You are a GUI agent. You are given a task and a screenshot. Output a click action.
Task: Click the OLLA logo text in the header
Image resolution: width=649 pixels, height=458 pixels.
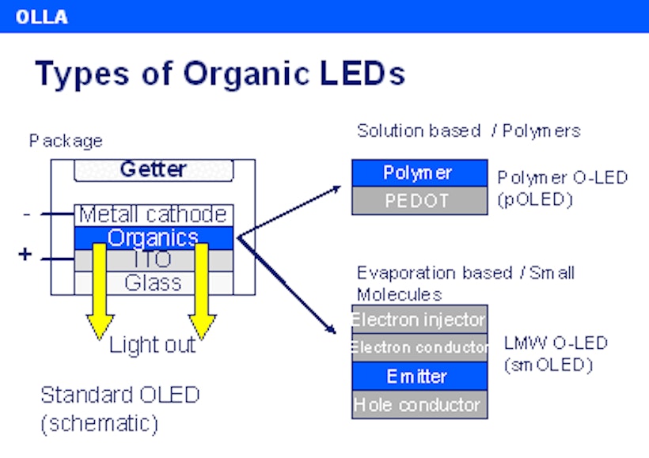tap(41, 16)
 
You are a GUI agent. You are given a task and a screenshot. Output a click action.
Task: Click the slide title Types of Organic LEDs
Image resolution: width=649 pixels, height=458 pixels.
tap(220, 74)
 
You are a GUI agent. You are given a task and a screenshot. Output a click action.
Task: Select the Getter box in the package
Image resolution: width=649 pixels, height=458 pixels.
tap(154, 169)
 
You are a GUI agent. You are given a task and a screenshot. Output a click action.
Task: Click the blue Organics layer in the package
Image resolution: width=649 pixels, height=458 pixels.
tap(154, 237)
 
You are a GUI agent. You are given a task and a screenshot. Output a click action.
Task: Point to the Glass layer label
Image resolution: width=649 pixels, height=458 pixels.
tap(154, 282)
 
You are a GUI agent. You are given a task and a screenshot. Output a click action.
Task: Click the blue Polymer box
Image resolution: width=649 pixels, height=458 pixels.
tap(419, 172)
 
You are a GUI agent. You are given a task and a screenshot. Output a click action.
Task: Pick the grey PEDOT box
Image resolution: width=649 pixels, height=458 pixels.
tap(419, 201)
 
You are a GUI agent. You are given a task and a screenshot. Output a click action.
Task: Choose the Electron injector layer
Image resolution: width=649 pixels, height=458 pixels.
tap(419, 320)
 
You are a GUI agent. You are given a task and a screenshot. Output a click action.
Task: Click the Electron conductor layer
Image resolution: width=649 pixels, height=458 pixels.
tap(419, 347)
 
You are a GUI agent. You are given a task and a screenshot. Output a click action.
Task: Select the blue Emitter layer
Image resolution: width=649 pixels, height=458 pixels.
tap(419, 377)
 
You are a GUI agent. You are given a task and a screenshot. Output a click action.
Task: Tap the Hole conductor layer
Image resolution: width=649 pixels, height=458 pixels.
tap(419, 404)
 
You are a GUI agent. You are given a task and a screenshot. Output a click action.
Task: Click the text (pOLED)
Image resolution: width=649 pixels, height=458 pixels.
tap(535, 199)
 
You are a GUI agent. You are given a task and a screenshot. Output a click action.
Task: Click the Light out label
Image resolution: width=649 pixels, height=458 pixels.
tap(152, 345)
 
